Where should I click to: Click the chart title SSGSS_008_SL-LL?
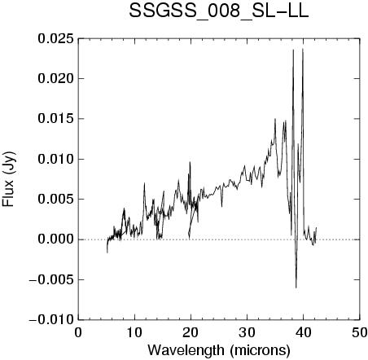[219, 11]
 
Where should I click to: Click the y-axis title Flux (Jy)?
[9, 179]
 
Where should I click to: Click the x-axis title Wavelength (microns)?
[219, 350]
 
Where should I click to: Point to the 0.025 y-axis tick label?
[55, 38]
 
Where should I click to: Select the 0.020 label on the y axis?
[55, 79]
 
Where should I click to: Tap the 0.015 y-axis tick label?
[55, 119]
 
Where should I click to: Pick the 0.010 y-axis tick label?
[55, 159]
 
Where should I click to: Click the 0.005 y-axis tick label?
[55, 200]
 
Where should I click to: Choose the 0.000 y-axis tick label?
[55, 239]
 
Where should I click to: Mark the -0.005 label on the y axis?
[51, 279]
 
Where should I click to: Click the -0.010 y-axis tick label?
[51, 319]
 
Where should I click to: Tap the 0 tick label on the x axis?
[78, 332]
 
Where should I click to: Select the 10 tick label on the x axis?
[134, 332]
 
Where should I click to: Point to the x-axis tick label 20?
[191, 332]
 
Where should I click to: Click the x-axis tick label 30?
[247, 332]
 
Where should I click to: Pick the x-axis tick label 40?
[303, 332]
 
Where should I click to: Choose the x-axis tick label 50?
[360, 332]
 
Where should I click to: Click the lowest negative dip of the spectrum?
[296, 288]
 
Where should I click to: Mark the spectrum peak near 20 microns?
[190, 162]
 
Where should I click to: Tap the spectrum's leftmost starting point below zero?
[107, 252]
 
